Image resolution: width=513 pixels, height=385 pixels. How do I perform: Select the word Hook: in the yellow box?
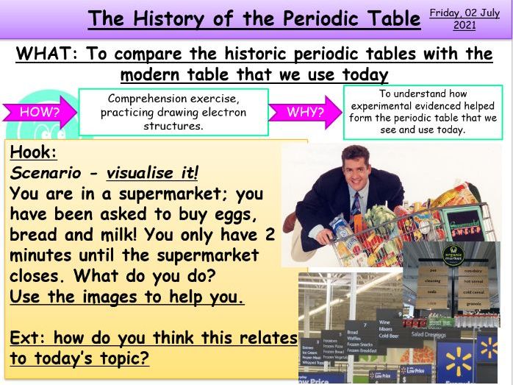click(x=34, y=153)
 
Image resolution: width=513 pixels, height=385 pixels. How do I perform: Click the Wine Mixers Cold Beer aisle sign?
click(x=389, y=329)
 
